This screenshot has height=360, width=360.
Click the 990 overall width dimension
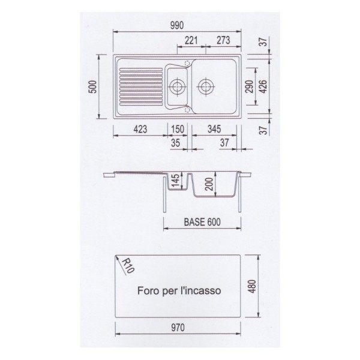click(x=177, y=25)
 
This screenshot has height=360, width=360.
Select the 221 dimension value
click(x=191, y=40)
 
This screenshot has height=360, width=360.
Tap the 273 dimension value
click(x=223, y=40)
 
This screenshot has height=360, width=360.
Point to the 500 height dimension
click(x=93, y=87)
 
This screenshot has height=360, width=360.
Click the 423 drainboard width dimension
click(x=140, y=129)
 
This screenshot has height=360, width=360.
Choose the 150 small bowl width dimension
click(x=178, y=129)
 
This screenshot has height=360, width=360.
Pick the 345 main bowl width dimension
click(x=214, y=129)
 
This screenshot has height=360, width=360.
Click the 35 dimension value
click(x=175, y=143)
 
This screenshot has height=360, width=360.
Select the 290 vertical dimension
click(x=250, y=86)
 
